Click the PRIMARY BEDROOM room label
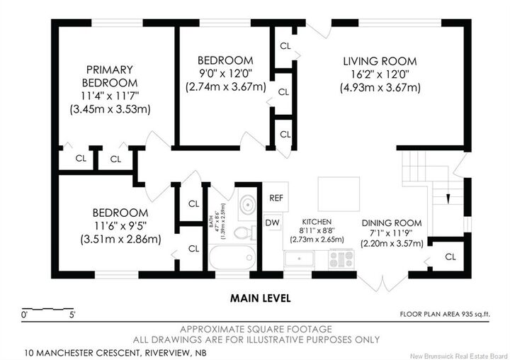tap(110, 76)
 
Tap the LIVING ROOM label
tap(380, 61)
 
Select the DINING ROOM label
tap(392, 223)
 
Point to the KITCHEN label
tap(317, 222)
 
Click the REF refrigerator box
tap(276, 198)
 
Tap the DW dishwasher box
tap(272, 223)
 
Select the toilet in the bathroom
tap(244, 232)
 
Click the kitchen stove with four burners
tap(341, 259)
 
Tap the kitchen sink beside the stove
tap(299, 259)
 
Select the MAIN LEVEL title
tap(260, 298)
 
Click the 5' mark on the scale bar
tap(72, 315)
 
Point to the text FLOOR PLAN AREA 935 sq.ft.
tap(446, 315)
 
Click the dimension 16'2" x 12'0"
tap(380, 74)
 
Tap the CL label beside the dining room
tap(450, 257)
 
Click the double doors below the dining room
tap(382, 284)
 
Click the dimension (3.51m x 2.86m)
tap(120, 240)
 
